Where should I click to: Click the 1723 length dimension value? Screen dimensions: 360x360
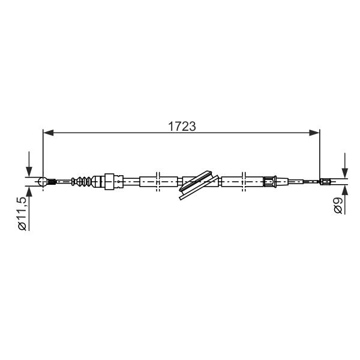182,126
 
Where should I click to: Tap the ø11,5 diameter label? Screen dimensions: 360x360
23,213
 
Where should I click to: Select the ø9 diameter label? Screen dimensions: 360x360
338,205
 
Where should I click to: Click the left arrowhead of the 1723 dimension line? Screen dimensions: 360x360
49,133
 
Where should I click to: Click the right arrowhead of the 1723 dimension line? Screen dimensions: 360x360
314,133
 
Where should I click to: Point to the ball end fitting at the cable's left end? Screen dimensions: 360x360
43,182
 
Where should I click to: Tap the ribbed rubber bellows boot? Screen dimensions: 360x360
82,181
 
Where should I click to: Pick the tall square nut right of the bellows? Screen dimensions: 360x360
109,181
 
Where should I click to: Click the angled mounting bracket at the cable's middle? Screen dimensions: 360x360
199,185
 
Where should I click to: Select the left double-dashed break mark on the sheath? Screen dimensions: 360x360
157,181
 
